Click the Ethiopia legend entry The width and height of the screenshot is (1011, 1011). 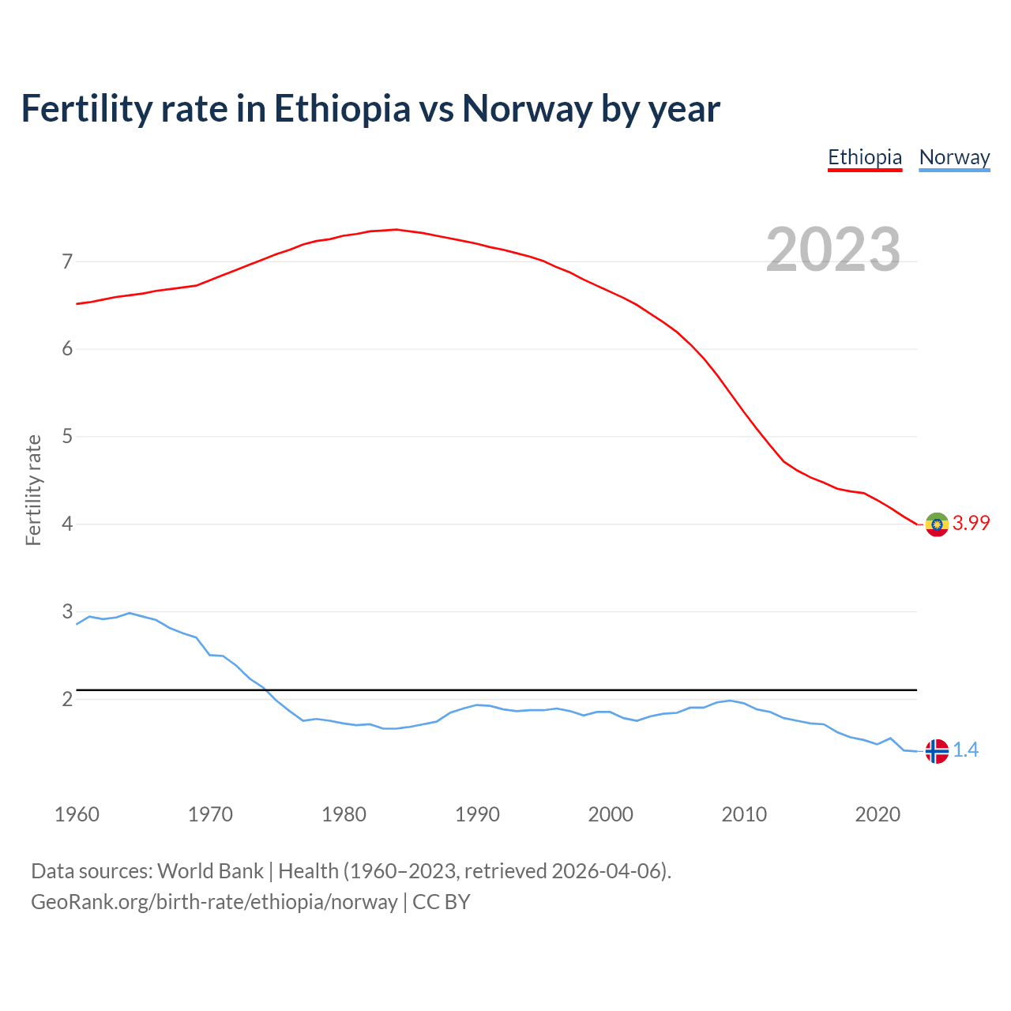point(865,157)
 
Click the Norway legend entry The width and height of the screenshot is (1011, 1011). point(954,157)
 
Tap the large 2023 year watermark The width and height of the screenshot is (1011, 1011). point(833,250)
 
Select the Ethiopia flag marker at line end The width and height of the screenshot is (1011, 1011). point(937,524)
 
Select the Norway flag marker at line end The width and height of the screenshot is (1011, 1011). point(937,751)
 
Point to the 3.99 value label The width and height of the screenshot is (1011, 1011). point(971,523)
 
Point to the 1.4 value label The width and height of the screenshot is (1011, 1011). point(965,750)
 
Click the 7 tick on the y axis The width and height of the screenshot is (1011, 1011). point(67,261)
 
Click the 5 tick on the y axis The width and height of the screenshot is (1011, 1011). point(67,437)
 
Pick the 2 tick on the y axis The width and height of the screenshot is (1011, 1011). point(67,699)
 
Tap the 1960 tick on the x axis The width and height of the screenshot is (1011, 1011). point(77,814)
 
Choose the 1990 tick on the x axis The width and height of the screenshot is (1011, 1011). point(477,814)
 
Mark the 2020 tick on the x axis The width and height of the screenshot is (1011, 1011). point(878,814)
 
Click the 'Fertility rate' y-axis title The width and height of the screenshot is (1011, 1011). point(33,490)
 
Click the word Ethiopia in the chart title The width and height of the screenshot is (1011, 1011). point(342,109)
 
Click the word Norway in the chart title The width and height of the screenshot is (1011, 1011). point(527,109)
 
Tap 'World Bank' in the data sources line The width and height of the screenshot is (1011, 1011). point(210,871)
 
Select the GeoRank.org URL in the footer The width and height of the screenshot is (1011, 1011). point(214,902)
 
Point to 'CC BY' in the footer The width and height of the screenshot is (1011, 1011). point(442,902)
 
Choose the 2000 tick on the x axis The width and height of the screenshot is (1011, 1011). point(611,814)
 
